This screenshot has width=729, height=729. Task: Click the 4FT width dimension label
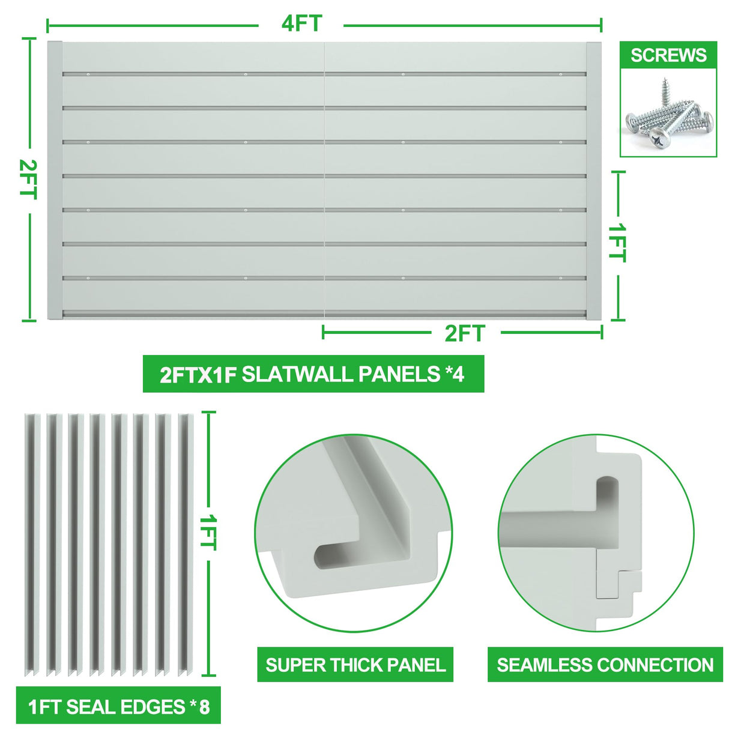[x=301, y=24]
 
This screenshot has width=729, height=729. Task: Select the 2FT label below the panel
[x=464, y=333]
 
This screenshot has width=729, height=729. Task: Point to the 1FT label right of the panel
[x=617, y=243]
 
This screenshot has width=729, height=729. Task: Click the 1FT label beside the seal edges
[x=208, y=531]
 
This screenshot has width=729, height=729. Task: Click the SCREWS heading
[x=668, y=55]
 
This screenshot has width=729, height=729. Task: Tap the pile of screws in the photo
[x=668, y=117]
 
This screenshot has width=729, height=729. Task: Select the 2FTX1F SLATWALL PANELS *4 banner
[x=313, y=374]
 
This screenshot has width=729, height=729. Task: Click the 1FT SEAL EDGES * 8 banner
[x=119, y=706]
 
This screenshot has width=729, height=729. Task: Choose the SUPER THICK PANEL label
[x=355, y=665]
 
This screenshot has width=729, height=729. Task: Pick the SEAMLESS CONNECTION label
[x=605, y=665]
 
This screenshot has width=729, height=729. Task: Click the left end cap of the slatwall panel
[x=55, y=180]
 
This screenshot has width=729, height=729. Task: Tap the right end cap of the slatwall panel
[x=594, y=180]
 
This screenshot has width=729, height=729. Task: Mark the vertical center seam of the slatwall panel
[x=324, y=180]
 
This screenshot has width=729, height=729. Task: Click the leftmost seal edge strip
[x=31, y=543]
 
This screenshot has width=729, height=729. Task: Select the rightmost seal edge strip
[x=184, y=543]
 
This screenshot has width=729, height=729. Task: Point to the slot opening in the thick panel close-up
[x=336, y=555]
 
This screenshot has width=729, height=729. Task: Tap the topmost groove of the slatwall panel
[x=324, y=74]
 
